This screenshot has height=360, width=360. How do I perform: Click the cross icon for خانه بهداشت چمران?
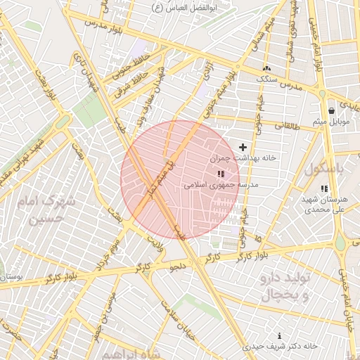[x=243, y=147]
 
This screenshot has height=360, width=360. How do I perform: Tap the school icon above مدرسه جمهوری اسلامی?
[x=221, y=173]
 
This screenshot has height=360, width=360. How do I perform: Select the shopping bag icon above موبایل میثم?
[x=331, y=110]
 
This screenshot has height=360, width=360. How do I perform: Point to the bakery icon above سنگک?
[x=266, y=68]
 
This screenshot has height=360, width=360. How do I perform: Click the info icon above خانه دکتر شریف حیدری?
[x=280, y=335]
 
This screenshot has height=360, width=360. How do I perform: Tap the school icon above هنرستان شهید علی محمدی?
[x=323, y=188]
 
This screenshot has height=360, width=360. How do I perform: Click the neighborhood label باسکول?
[x=326, y=169]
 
